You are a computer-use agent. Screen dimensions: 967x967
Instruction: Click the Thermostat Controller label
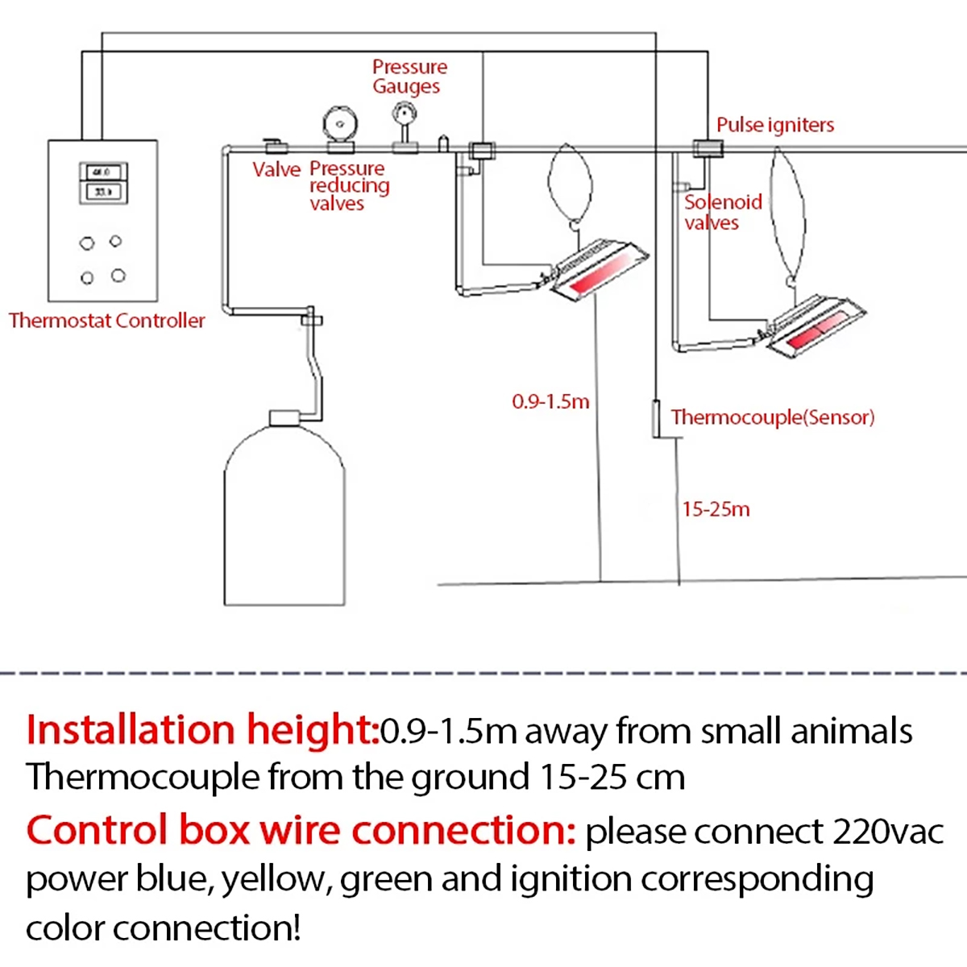click(x=107, y=321)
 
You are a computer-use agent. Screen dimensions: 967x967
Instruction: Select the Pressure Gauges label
click(x=409, y=77)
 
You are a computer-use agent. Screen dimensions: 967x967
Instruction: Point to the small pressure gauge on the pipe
click(x=405, y=115)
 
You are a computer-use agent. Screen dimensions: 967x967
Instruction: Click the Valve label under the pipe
click(x=276, y=169)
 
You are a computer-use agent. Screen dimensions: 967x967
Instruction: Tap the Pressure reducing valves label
click(x=349, y=185)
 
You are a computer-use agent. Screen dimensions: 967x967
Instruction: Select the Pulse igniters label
click(x=774, y=125)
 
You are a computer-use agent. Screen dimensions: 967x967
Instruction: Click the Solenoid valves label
click(x=723, y=212)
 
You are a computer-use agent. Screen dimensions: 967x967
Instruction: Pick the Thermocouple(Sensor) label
click(x=772, y=417)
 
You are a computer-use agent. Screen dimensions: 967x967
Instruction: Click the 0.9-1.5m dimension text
click(x=550, y=401)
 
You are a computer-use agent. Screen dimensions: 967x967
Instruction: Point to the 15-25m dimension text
click(x=716, y=509)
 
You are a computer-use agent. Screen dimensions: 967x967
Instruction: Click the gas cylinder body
click(x=284, y=524)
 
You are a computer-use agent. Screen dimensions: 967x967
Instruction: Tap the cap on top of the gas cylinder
click(x=284, y=417)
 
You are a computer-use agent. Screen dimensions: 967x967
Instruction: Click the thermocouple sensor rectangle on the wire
click(x=657, y=418)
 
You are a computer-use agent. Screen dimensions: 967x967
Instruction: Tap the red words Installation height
click(x=201, y=730)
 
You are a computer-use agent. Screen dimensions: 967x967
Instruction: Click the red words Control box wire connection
click(x=301, y=830)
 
